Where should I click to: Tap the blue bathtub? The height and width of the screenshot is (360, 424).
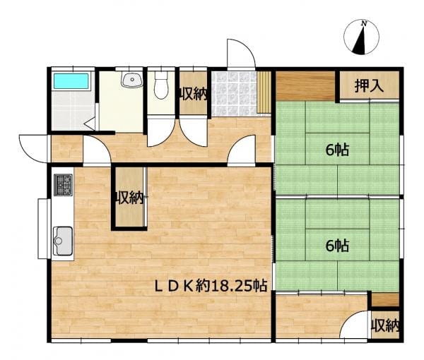click(x=71, y=81)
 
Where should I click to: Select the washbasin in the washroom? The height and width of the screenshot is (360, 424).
click(x=132, y=79)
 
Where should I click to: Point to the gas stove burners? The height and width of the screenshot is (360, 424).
click(x=64, y=185)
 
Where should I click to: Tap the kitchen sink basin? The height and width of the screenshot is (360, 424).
click(x=64, y=241)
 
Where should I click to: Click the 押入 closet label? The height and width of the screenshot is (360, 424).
click(x=369, y=86)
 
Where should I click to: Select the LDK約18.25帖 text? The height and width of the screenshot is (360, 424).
click(x=211, y=285)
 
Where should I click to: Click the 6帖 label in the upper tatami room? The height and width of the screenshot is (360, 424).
click(x=337, y=150)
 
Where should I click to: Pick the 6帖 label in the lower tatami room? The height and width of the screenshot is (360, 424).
click(x=337, y=245)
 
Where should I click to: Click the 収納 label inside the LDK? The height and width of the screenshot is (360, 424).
click(x=129, y=198)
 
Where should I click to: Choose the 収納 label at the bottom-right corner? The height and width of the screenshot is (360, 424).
click(x=385, y=325)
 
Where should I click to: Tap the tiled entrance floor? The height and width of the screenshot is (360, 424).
click(x=234, y=94)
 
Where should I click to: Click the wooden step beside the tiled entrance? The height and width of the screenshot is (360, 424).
click(x=264, y=92)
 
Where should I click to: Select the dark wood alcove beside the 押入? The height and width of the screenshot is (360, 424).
click(x=305, y=86)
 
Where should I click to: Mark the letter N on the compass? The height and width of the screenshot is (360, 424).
click(x=364, y=24)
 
